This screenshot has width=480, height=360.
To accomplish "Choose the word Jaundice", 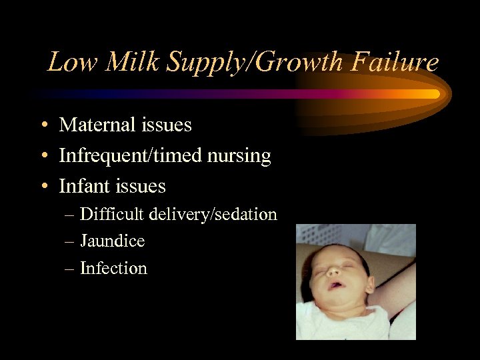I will [x=112, y=241].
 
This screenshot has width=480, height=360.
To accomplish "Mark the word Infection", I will [x=113, y=268].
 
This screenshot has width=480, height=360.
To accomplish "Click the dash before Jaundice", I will [x=70, y=241].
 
